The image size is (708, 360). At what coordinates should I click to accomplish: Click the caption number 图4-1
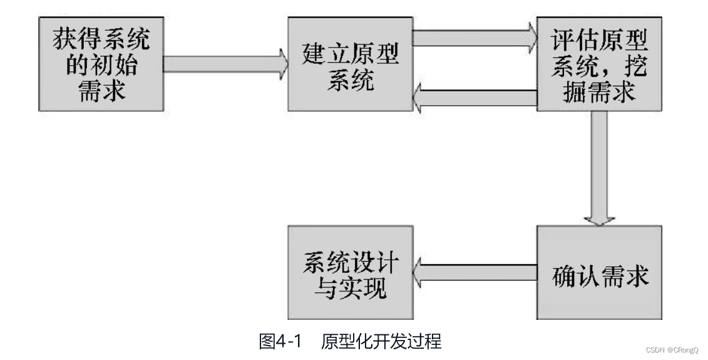pyautogui.click(x=280, y=342)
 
